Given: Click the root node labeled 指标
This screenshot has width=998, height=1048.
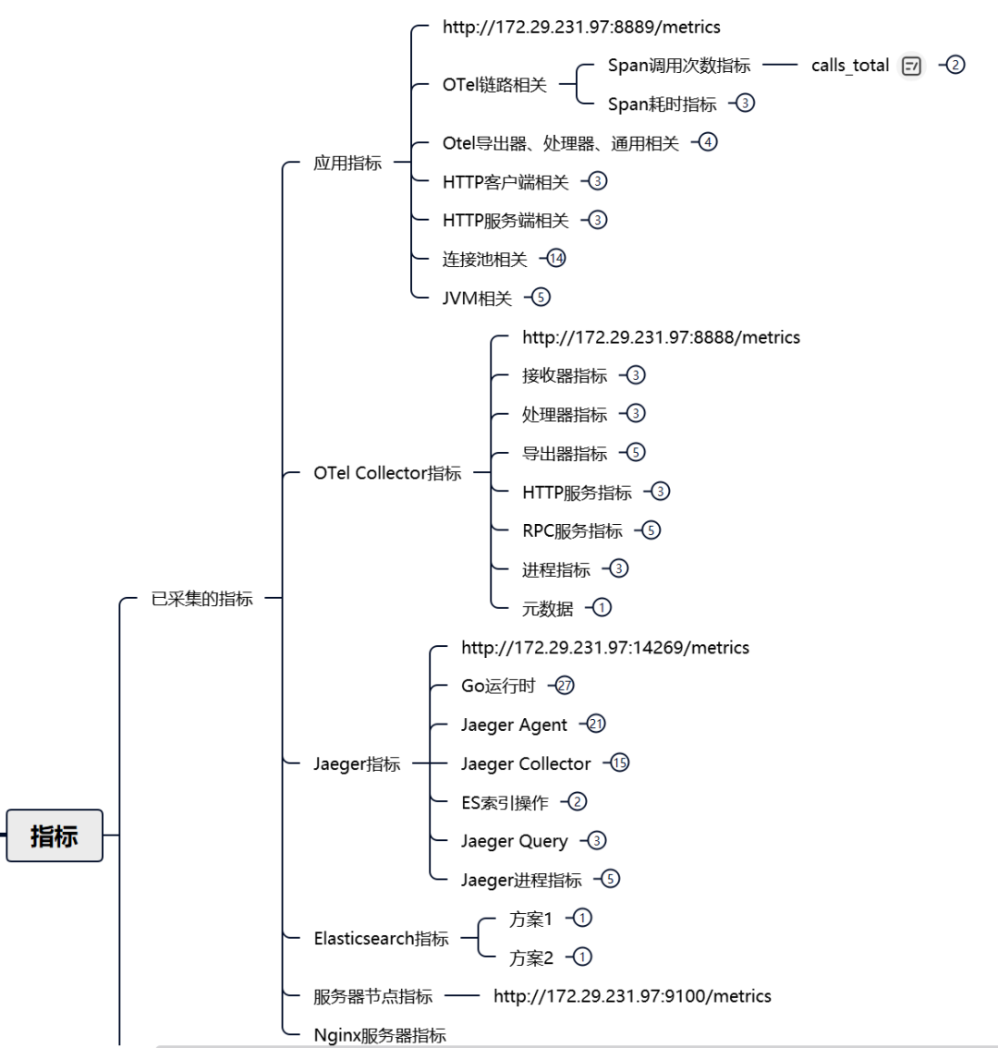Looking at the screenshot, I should coord(54,835).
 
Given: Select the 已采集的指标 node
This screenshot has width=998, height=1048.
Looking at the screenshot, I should coord(201,599).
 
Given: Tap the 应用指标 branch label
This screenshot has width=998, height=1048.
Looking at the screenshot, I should coord(347,163).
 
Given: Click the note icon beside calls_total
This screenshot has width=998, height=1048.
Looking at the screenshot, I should coord(911,66).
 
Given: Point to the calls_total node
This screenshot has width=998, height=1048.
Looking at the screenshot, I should coord(849,66).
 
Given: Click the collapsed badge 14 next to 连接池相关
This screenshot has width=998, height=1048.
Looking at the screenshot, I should coord(555,259).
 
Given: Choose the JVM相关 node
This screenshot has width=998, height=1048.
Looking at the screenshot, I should coord(477,298).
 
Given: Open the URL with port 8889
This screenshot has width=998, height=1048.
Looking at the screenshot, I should coord(581,28).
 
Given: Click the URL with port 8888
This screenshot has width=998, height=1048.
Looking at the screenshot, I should coord(661,337).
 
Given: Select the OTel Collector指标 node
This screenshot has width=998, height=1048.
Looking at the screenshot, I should coord(387,473).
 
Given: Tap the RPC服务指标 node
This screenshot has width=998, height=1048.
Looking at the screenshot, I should coord(572,530).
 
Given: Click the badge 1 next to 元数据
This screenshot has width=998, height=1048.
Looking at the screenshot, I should coord(602,607).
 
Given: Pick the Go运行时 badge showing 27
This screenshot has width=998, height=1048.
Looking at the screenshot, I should coord(565,686).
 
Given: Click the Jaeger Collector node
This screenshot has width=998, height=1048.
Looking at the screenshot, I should coord(526,763).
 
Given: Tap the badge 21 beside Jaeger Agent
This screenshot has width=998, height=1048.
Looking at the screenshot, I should coord(596,725).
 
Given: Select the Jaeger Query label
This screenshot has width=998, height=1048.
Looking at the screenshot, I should coord(514,841).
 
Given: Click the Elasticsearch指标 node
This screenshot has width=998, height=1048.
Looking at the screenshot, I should coord(381,938).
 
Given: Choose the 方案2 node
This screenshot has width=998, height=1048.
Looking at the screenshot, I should coord(530,957).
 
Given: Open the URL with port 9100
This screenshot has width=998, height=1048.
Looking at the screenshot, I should coord(632,996).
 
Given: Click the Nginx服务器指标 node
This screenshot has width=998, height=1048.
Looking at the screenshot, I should coord(380,1035).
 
